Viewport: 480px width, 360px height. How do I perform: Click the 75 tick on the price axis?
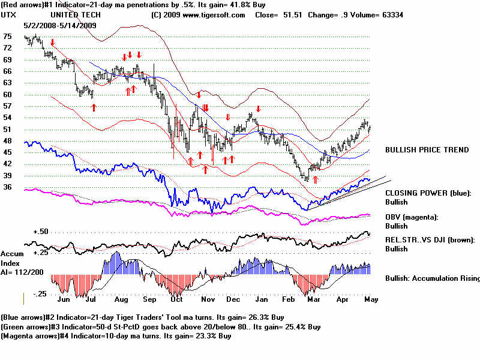pos(7,37)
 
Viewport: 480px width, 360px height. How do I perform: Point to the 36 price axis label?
pos(7,187)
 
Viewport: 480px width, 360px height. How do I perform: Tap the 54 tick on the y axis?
pos(7,118)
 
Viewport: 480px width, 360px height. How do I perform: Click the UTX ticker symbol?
pos(9,14)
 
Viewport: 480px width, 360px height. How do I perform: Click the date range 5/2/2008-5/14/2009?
pos(58,25)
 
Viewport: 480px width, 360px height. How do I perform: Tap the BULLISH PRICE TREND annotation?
pos(427,150)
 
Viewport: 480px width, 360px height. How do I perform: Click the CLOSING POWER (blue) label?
pos(428,193)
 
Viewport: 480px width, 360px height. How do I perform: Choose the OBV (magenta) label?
pos(413,217)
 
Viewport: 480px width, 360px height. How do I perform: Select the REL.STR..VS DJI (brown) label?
pos(430,240)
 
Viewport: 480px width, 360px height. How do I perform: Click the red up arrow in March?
pos(315,179)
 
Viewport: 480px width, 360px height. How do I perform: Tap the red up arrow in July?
pos(94,107)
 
